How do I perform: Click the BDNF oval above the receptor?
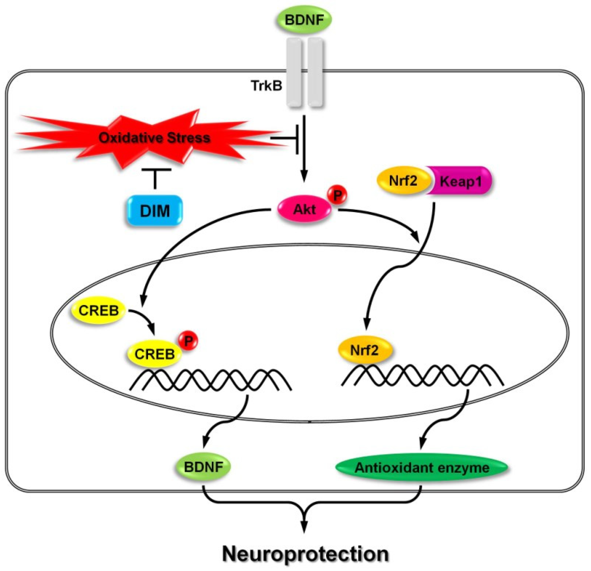[x=304, y=20]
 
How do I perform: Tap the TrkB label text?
[x=267, y=86]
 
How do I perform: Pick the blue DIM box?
[x=155, y=210]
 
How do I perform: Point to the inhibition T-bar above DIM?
[x=156, y=178]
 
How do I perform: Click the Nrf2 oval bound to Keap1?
[x=403, y=181]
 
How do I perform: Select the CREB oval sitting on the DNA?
[x=154, y=354]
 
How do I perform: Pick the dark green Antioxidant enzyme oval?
[x=421, y=468]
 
